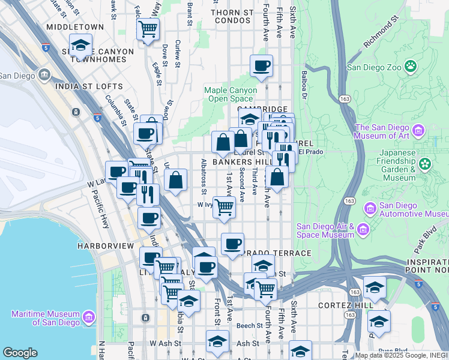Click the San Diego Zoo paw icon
click(411, 65)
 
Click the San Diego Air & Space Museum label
click(325, 230)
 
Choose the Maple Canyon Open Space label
click(231, 94)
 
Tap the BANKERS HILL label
click(238, 162)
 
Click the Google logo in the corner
click(20, 353)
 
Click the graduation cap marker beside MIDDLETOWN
click(80, 46)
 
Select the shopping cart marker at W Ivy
click(224, 207)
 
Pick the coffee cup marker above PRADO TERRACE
click(232, 244)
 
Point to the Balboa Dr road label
click(304, 85)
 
